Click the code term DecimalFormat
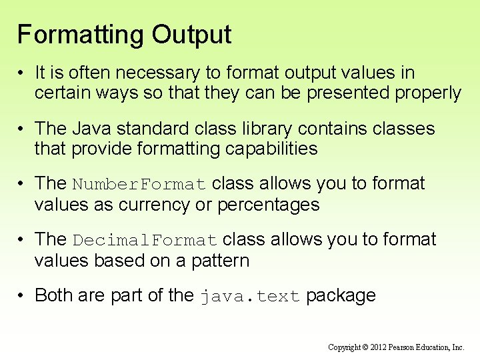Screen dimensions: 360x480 point(145,240)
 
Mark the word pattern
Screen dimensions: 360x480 point(219,261)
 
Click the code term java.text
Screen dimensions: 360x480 point(250,297)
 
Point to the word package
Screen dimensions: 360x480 point(341,296)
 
